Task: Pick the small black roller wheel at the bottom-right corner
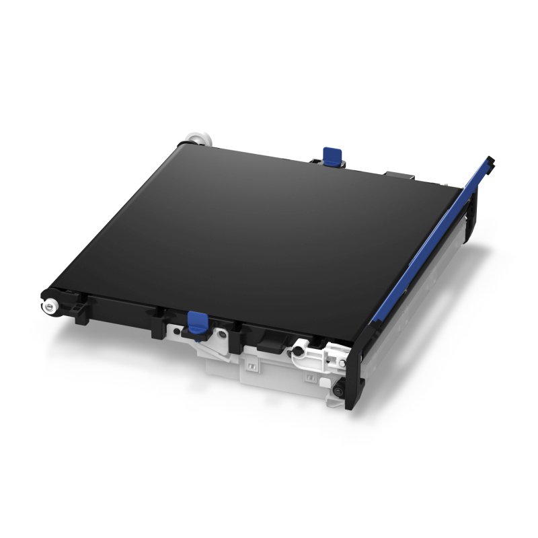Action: pyautogui.click(x=338, y=389)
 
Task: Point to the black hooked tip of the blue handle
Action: pyautogui.click(x=492, y=162)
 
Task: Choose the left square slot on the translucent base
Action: pyautogui.click(x=249, y=368)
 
